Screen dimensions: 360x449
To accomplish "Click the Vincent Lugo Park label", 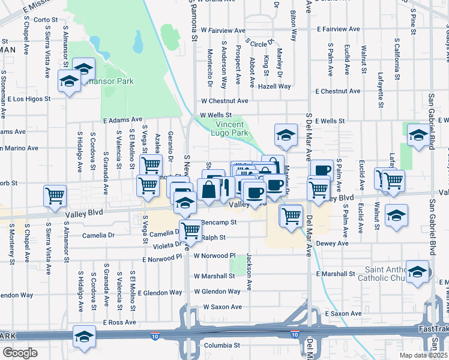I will point(231,128).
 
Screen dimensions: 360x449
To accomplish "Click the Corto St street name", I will point(46,19).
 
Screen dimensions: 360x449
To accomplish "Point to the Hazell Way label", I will point(274,86).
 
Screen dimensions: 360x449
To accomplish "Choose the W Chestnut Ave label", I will point(224,101).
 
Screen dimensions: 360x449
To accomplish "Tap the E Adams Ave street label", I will point(122,119).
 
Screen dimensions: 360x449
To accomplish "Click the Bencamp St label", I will point(220,222).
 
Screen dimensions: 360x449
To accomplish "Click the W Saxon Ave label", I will point(222,307).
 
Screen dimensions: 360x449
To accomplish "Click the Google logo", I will point(20,353).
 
